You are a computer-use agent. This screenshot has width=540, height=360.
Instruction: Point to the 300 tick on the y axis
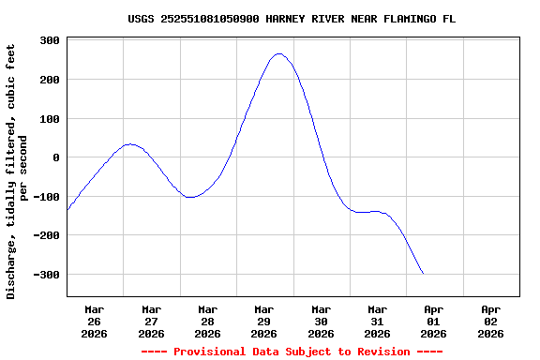point(51,41)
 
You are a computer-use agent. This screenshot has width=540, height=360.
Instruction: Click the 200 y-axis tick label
point(51,80)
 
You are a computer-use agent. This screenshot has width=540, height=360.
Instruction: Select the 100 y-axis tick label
point(51,119)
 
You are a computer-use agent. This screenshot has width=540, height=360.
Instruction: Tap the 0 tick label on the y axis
point(57,157)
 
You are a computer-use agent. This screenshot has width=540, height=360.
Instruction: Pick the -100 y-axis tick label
point(47,197)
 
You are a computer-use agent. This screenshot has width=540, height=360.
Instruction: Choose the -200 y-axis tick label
point(47,235)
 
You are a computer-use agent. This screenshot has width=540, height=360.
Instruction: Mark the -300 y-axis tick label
point(47,275)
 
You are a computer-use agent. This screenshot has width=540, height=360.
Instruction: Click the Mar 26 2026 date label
point(95,321)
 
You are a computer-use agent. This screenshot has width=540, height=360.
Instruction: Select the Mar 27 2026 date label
point(151,321)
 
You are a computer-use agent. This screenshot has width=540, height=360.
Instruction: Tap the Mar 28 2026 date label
point(207,321)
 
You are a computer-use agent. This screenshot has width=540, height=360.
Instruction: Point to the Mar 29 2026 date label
point(264,321)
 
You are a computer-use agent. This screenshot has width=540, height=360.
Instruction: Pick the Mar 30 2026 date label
point(321,321)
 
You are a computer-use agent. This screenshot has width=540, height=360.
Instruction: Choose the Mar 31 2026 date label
point(377,321)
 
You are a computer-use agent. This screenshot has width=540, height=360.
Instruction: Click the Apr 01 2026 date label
point(433,321)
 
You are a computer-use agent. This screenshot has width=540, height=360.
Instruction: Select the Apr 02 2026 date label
point(490,321)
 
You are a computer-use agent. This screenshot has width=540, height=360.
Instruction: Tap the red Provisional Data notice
point(292,352)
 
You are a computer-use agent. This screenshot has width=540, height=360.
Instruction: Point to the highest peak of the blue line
point(278,53)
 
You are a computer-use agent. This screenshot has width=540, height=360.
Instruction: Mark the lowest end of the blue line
point(423,274)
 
